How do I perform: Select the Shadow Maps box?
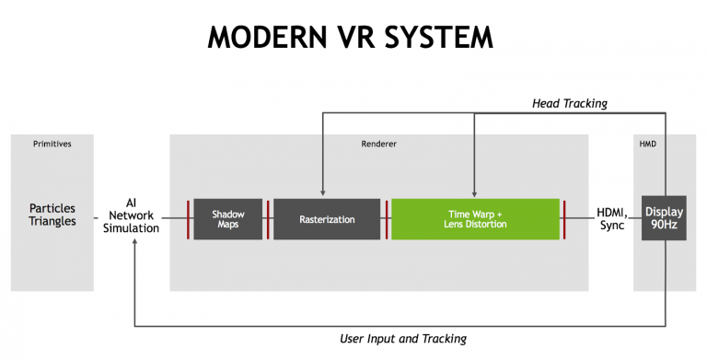[228, 219]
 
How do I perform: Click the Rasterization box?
[327, 219]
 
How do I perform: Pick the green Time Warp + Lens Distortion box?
[475, 219]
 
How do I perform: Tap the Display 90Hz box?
[664, 219]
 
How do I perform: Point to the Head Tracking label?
[570, 103]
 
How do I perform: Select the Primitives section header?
[52, 145]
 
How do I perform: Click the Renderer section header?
[378, 145]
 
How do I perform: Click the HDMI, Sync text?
[610, 219]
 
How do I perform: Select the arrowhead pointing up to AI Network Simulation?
[134, 244]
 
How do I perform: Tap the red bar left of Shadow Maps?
[188, 219]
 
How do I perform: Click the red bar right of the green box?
[564, 219]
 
